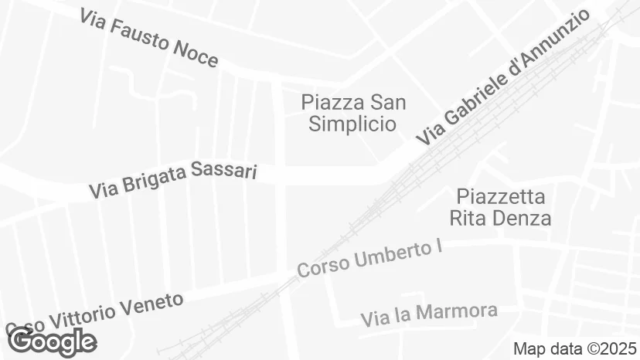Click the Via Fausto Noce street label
point(148,39)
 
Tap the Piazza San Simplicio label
point(353,113)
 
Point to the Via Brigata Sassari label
point(172,179)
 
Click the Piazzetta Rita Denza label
point(501,207)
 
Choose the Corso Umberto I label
point(363,260)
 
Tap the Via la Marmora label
point(429,314)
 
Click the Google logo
point(51,341)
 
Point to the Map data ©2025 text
point(575,348)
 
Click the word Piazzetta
point(501,196)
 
